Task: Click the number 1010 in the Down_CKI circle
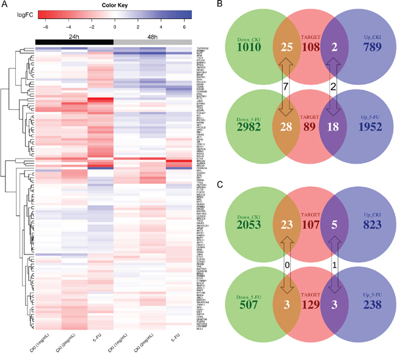coord(250,47)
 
